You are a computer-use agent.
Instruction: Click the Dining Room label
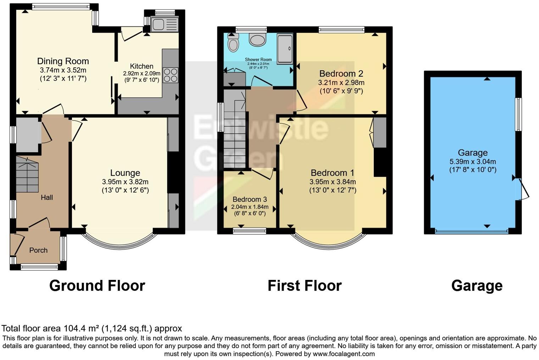pyautogui.click(x=63, y=61)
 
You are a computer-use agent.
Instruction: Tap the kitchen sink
pyautogui.click(x=164, y=25)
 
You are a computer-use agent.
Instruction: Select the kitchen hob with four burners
pyautogui.click(x=171, y=75)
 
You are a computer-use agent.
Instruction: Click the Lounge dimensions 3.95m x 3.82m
pyautogui.click(x=125, y=182)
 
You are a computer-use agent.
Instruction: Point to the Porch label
pyautogui.click(x=38, y=250)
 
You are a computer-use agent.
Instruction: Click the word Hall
pyautogui.click(x=46, y=197)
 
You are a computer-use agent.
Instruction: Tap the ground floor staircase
pyautogui.click(x=27, y=175)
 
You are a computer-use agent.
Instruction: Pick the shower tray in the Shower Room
pyautogui.click(x=285, y=49)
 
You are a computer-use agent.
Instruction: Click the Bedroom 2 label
pyautogui.click(x=341, y=74)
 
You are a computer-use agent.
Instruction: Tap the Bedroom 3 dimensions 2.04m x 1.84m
pyautogui.click(x=250, y=207)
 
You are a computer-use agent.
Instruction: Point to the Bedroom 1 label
pyautogui.click(x=332, y=173)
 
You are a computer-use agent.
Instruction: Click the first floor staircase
pyautogui.click(x=235, y=135)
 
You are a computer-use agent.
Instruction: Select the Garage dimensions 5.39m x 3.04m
pyautogui.click(x=473, y=162)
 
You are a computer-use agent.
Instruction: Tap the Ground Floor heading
pyautogui.click(x=97, y=286)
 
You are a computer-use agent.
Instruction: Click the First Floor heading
pyautogui.click(x=305, y=286)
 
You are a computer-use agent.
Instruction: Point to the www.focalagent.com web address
pyautogui.click(x=343, y=354)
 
